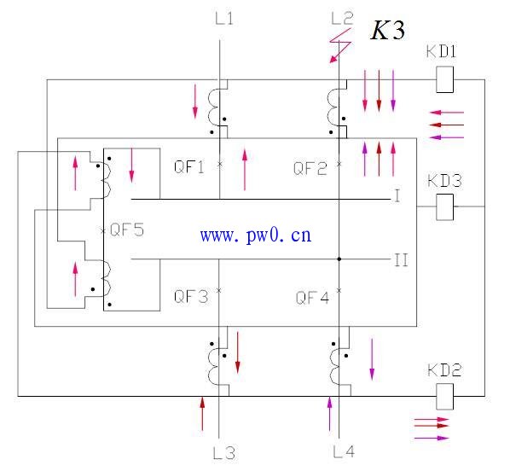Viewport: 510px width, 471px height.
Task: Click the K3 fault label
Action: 387,30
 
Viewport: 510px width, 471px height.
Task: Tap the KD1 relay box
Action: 444,79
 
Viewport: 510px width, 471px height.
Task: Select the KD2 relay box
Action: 444,396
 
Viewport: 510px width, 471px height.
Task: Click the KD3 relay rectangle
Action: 444,206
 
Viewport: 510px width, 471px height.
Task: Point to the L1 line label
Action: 224,19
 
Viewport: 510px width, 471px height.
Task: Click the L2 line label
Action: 342,19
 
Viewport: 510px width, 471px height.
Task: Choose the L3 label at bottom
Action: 223,453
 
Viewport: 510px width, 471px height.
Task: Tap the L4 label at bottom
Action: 344,451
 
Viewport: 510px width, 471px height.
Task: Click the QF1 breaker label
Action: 189,167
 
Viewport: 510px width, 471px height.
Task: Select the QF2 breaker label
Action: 310,169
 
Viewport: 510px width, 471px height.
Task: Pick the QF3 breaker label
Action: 191,297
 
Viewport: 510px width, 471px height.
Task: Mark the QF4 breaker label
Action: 312,298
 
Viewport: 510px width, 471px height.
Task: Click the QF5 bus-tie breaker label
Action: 127,230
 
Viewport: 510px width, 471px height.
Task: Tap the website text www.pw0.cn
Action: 256,235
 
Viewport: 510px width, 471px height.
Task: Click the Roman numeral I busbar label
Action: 397,196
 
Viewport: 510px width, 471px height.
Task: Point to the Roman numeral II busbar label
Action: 401,260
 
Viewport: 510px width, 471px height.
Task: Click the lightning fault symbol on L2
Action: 340,45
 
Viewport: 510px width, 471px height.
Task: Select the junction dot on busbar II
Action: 339,259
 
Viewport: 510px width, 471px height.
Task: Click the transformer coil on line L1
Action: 213,108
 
